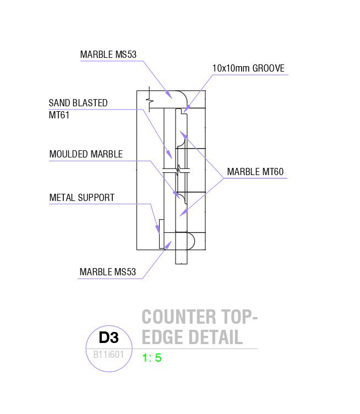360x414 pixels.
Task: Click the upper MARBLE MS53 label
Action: coord(108,55)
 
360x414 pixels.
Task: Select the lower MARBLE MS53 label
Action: coord(107,272)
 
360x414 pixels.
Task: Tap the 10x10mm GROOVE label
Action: coord(248,68)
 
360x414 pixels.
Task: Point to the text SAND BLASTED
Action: coord(78,103)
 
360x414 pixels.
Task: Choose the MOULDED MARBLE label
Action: coord(86,154)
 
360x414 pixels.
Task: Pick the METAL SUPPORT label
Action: coord(82,197)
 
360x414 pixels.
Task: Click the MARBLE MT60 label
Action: coord(255,172)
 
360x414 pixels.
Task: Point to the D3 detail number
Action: coord(108,337)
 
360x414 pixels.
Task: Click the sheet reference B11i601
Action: coord(108,354)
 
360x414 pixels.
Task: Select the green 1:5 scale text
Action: coord(152,358)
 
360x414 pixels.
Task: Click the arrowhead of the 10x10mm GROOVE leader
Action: coord(184,110)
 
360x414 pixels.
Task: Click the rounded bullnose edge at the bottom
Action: coord(191,241)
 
